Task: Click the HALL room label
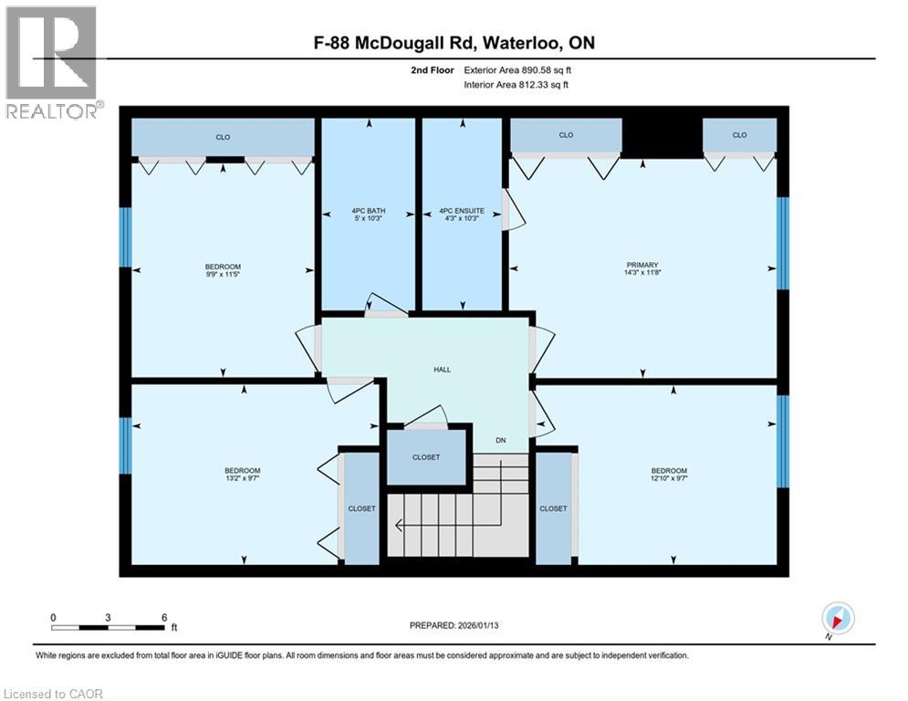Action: [442, 370]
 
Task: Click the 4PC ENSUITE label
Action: [462, 211]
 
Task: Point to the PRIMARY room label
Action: [642, 265]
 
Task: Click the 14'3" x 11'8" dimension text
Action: [642, 273]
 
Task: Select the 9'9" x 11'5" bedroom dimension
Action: [223, 273]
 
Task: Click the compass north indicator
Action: [837, 618]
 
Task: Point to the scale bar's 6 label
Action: [164, 617]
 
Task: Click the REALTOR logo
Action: [52, 62]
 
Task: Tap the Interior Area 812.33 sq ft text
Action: [517, 85]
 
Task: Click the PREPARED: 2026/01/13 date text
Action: [454, 625]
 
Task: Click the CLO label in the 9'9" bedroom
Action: [223, 137]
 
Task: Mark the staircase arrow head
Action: [398, 525]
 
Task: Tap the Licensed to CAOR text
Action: [52, 694]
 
